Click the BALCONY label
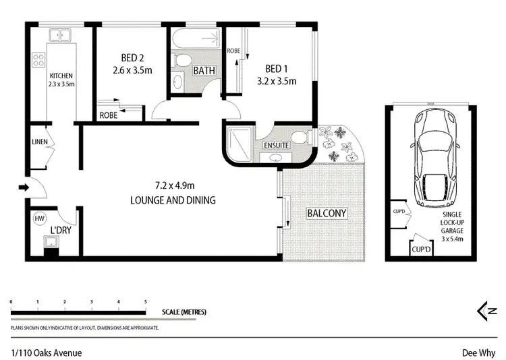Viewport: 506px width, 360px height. click(x=327, y=213)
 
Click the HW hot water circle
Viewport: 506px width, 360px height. click(x=38, y=218)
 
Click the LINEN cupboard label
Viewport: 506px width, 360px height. click(x=38, y=142)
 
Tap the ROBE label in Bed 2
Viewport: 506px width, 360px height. click(x=108, y=115)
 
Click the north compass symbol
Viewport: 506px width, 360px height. click(x=487, y=311)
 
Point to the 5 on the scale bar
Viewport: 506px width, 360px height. click(x=146, y=301)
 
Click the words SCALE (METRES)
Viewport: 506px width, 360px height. click(x=184, y=312)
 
